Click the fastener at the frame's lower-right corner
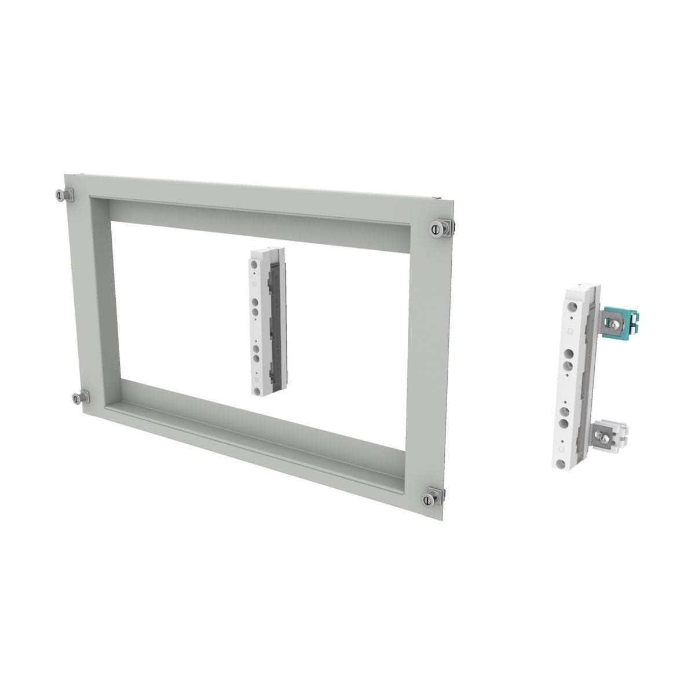click(x=431, y=499)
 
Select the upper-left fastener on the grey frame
click(x=63, y=196)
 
